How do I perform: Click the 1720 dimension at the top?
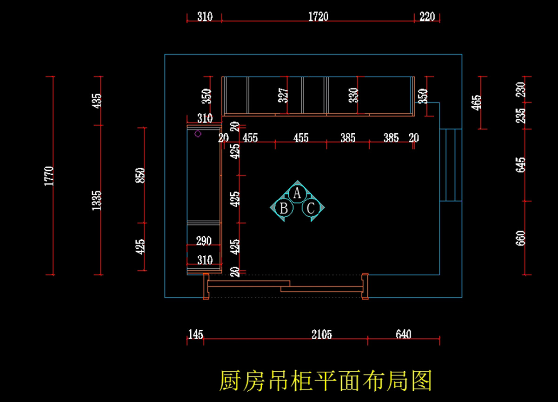pos(318,17)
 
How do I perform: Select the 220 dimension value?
pos(427,17)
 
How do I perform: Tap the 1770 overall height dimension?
pos(50,176)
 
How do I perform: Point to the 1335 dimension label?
pos(97,200)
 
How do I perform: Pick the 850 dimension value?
pos(141,175)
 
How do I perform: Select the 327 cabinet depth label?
pos(285,95)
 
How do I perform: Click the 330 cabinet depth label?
pos(354,95)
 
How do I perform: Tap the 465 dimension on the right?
pos(477,102)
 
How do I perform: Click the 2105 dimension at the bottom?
pos(322,334)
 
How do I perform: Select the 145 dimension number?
pos(195,334)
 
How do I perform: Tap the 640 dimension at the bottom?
pos(403,334)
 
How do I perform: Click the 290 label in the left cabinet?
pos(204,241)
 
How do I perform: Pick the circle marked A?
pos(297,192)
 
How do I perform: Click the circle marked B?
pos(284,208)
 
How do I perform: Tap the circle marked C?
pos(311,208)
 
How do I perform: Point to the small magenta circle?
pos(198,134)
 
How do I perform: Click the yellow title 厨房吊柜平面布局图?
pos(325,381)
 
